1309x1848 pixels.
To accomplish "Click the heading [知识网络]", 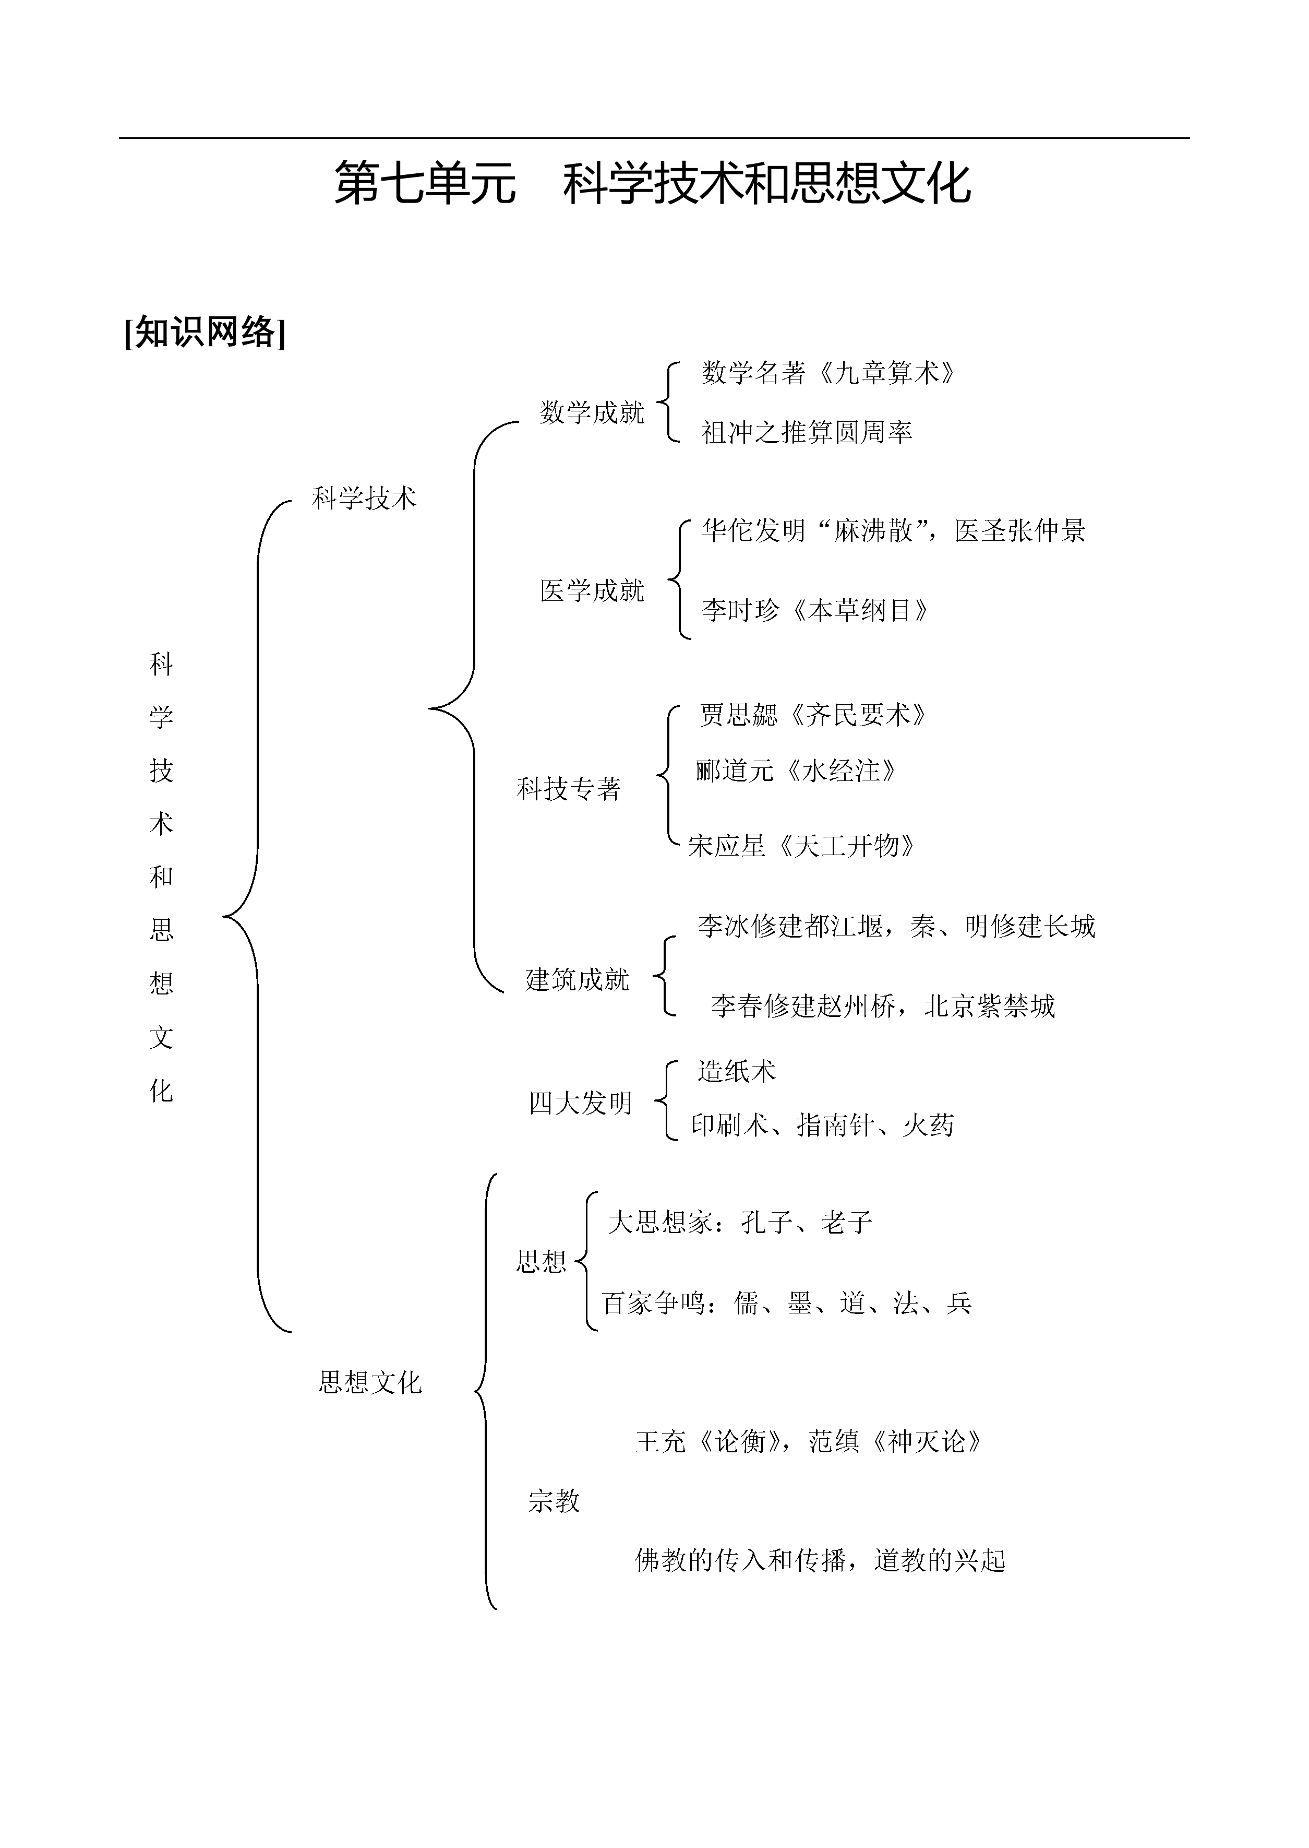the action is tap(205, 331).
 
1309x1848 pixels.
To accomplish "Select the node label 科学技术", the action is tap(364, 499).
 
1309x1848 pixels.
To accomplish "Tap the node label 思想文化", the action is tap(370, 1383).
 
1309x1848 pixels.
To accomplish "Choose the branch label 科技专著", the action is tap(569, 789).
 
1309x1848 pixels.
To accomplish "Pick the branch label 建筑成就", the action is tap(577, 980).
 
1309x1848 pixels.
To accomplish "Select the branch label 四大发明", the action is tap(580, 1103).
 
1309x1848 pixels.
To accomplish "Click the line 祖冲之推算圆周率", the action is tap(807, 433).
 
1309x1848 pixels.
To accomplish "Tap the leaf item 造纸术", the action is tap(737, 1072).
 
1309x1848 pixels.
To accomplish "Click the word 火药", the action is tap(929, 1126).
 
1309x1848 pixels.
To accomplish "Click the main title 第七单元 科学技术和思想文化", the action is tap(653, 183).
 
